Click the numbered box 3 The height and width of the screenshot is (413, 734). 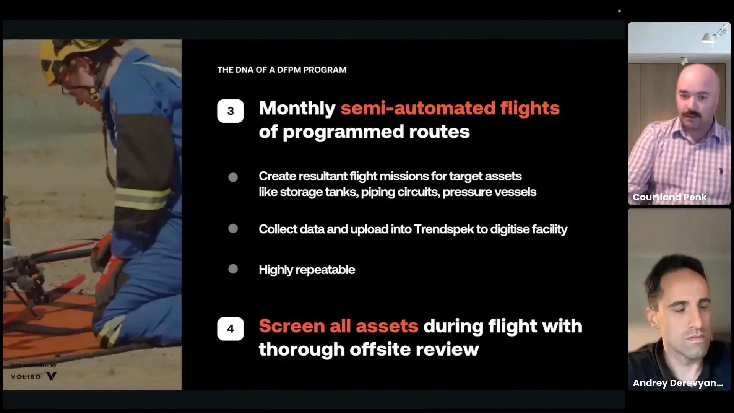coord(231,111)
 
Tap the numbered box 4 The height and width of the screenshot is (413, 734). coord(231,328)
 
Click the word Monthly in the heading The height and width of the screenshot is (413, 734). coord(297,109)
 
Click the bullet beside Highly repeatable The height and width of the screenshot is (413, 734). coord(233,269)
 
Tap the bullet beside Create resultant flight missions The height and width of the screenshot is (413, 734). coord(233,177)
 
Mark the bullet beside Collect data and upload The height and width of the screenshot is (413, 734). coord(233,228)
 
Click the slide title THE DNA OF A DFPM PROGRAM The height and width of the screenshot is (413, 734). coord(282,70)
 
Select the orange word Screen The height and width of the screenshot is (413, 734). coord(292,326)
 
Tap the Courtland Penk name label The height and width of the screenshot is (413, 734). coord(669,197)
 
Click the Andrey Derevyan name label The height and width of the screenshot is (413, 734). coord(678,383)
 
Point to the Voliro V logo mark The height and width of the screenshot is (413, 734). coord(51,376)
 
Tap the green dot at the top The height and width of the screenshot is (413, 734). coord(619,11)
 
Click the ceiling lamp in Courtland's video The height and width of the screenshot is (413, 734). coord(709,37)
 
